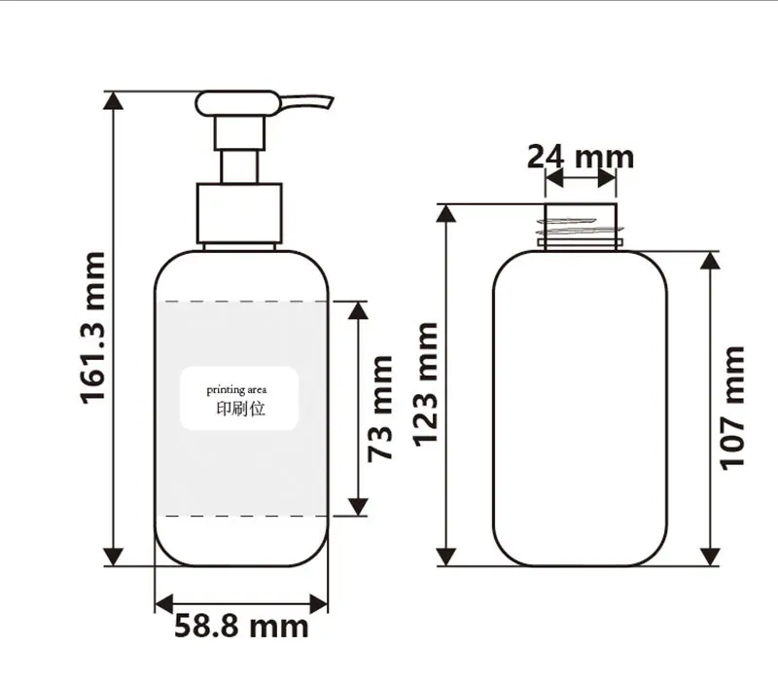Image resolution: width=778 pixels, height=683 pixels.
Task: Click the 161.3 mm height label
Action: click(92, 328)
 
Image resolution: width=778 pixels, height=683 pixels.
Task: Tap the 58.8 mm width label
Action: click(241, 626)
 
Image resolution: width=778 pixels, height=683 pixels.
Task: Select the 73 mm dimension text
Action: click(380, 409)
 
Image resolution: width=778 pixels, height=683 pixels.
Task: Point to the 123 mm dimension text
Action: click(426, 384)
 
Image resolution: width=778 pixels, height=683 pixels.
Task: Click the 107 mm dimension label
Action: click(732, 408)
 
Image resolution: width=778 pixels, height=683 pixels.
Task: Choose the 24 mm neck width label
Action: click(581, 157)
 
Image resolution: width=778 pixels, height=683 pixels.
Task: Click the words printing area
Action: click(236, 390)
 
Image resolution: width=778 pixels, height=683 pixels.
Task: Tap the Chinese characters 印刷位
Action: click(240, 409)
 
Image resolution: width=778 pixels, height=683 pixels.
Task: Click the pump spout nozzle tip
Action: click(330, 101)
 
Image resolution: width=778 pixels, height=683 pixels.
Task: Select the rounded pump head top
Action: click(237, 103)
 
